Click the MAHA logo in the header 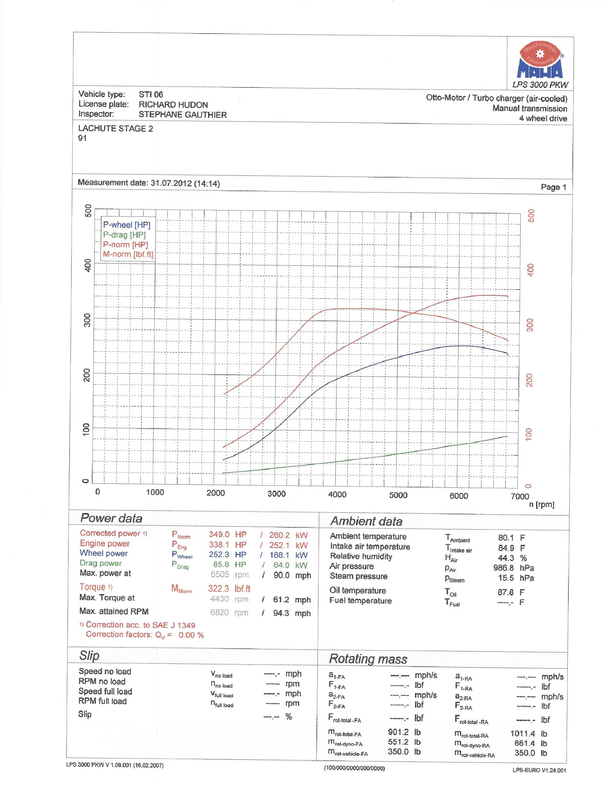(x=540, y=62)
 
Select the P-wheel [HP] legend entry (x=126, y=225)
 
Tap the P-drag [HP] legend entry (x=124, y=235)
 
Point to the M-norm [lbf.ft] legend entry (x=128, y=254)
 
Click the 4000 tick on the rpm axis (x=337, y=494)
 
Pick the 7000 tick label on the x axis (x=520, y=496)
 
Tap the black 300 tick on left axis (x=87, y=320)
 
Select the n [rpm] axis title (x=541, y=504)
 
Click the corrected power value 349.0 (x=219, y=535)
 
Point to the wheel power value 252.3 (x=219, y=555)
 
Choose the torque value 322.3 (x=218, y=589)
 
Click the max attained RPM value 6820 (x=219, y=612)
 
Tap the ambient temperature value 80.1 (x=506, y=538)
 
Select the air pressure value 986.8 (x=503, y=568)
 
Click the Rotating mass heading (x=368, y=659)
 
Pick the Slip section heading (x=89, y=655)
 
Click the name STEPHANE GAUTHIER (x=182, y=115)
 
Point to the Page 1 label (x=553, y=187)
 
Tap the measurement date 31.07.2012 (x=171, y=183)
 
